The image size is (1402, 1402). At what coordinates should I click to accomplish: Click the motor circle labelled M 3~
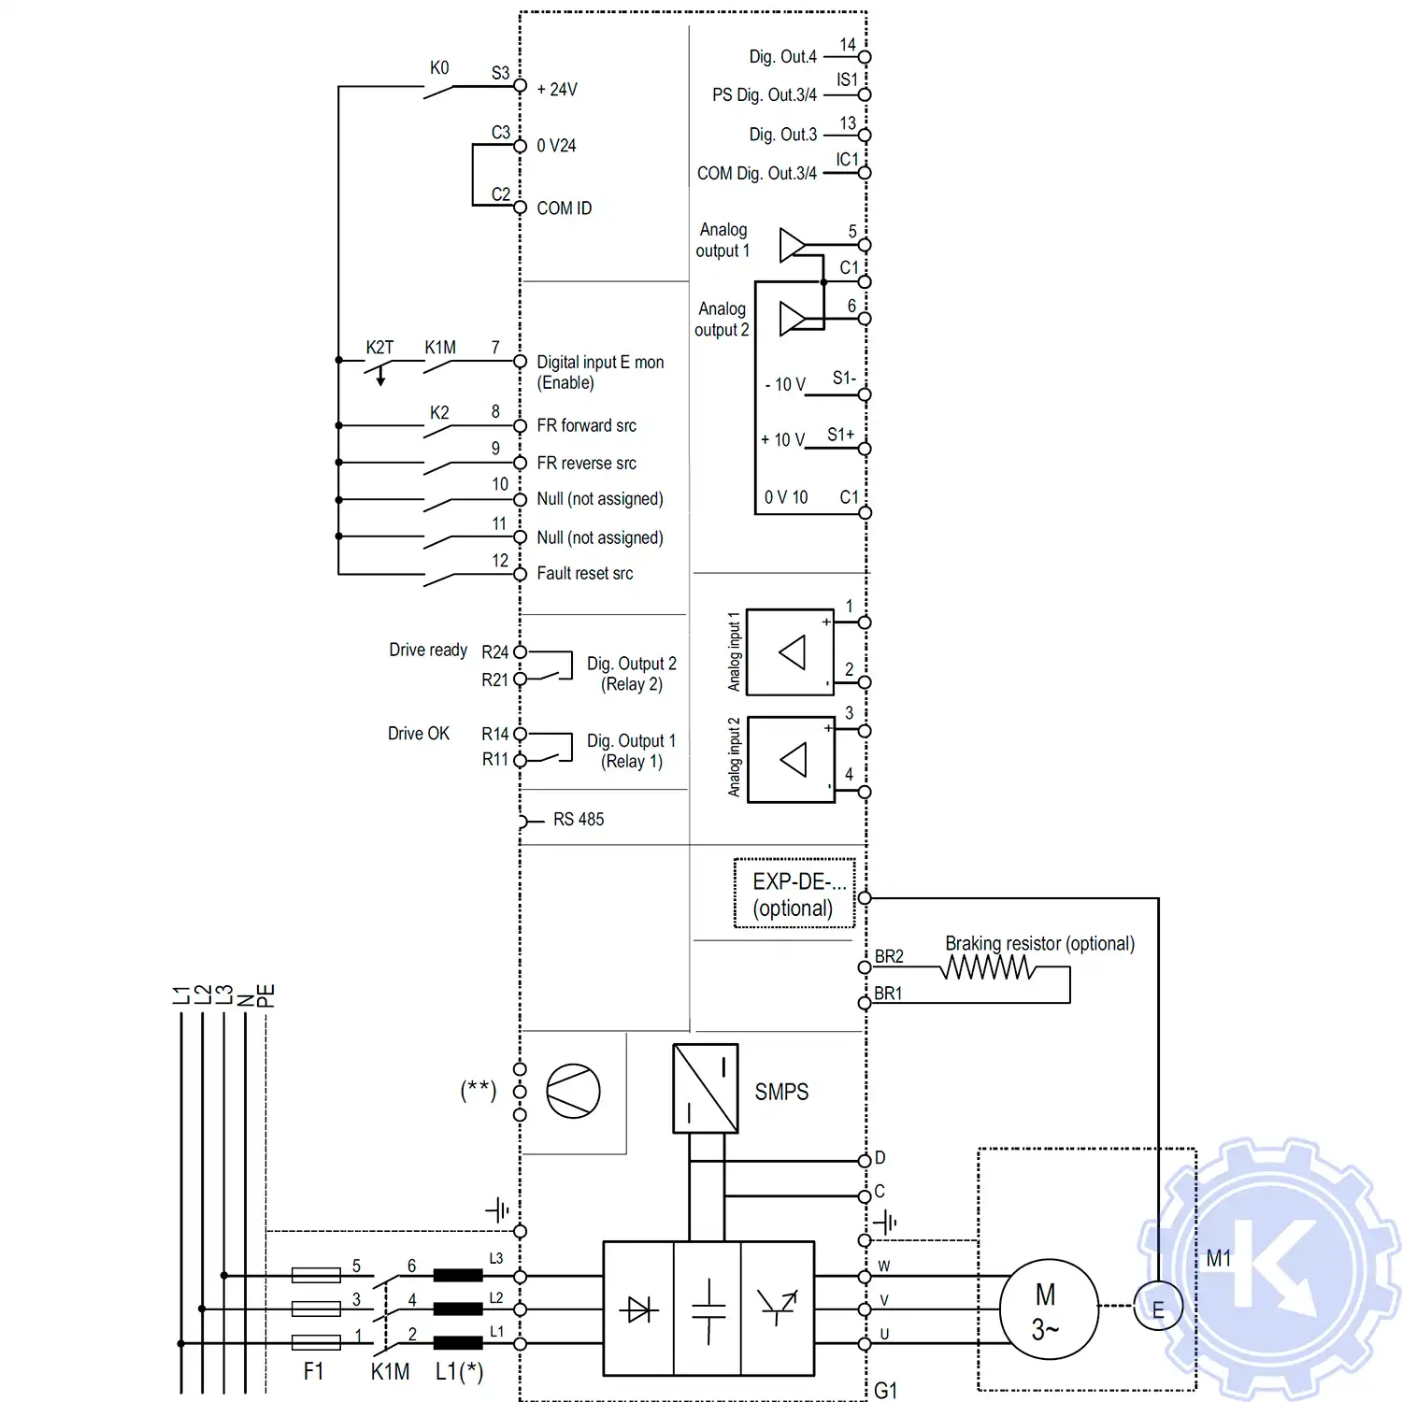pyautogui.click(x=1048, y=1309)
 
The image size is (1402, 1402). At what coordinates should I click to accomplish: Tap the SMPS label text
pyautogui.click(x=781, y=1092)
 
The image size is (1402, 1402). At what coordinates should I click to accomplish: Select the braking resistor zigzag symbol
pyautogui.click(x=988, y=967)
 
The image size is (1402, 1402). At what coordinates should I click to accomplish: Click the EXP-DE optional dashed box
pyautogui.click(x=794, y=894)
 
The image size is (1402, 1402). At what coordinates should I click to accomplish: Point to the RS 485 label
pyautogui.click(x=579, y=820)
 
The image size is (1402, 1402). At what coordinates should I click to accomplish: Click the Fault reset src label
pyautogui.click(x=584, y=574)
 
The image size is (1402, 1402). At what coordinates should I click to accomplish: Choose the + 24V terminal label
pyautogui.click(x=557, y=90)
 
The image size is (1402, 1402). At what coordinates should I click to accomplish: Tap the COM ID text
pyautogui.click(x=564, y=208)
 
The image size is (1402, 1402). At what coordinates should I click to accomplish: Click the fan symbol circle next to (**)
pyautogui.click(x=573, y=1091)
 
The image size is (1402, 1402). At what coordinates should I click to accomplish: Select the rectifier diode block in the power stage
pyautogui.click(x=639, y=1309)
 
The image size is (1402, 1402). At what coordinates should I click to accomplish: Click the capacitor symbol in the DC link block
pyautogui.click(x=708, y=1309)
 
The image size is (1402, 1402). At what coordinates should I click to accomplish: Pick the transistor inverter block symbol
pyautogui.click(x=778, y=1309)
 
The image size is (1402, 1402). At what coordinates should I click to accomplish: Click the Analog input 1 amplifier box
pyautogui.click(x=791, y=652)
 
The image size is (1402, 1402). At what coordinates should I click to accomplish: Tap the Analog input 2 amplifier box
pyautogui.click(x=792, y=759)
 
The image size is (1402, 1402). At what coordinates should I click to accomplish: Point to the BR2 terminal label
pyautogui.click(x=889, y=957)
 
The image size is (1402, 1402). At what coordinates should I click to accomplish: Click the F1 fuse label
pyautogui.click(x=313, y=1371)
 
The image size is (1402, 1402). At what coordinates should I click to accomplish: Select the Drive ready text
pyautogui.click(x=428, y=650)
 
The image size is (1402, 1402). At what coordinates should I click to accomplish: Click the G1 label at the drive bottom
pyautogui.click(x=886, y=1391)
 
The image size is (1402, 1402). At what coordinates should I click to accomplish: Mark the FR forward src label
pyautogui.click(x=586, y=426)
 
